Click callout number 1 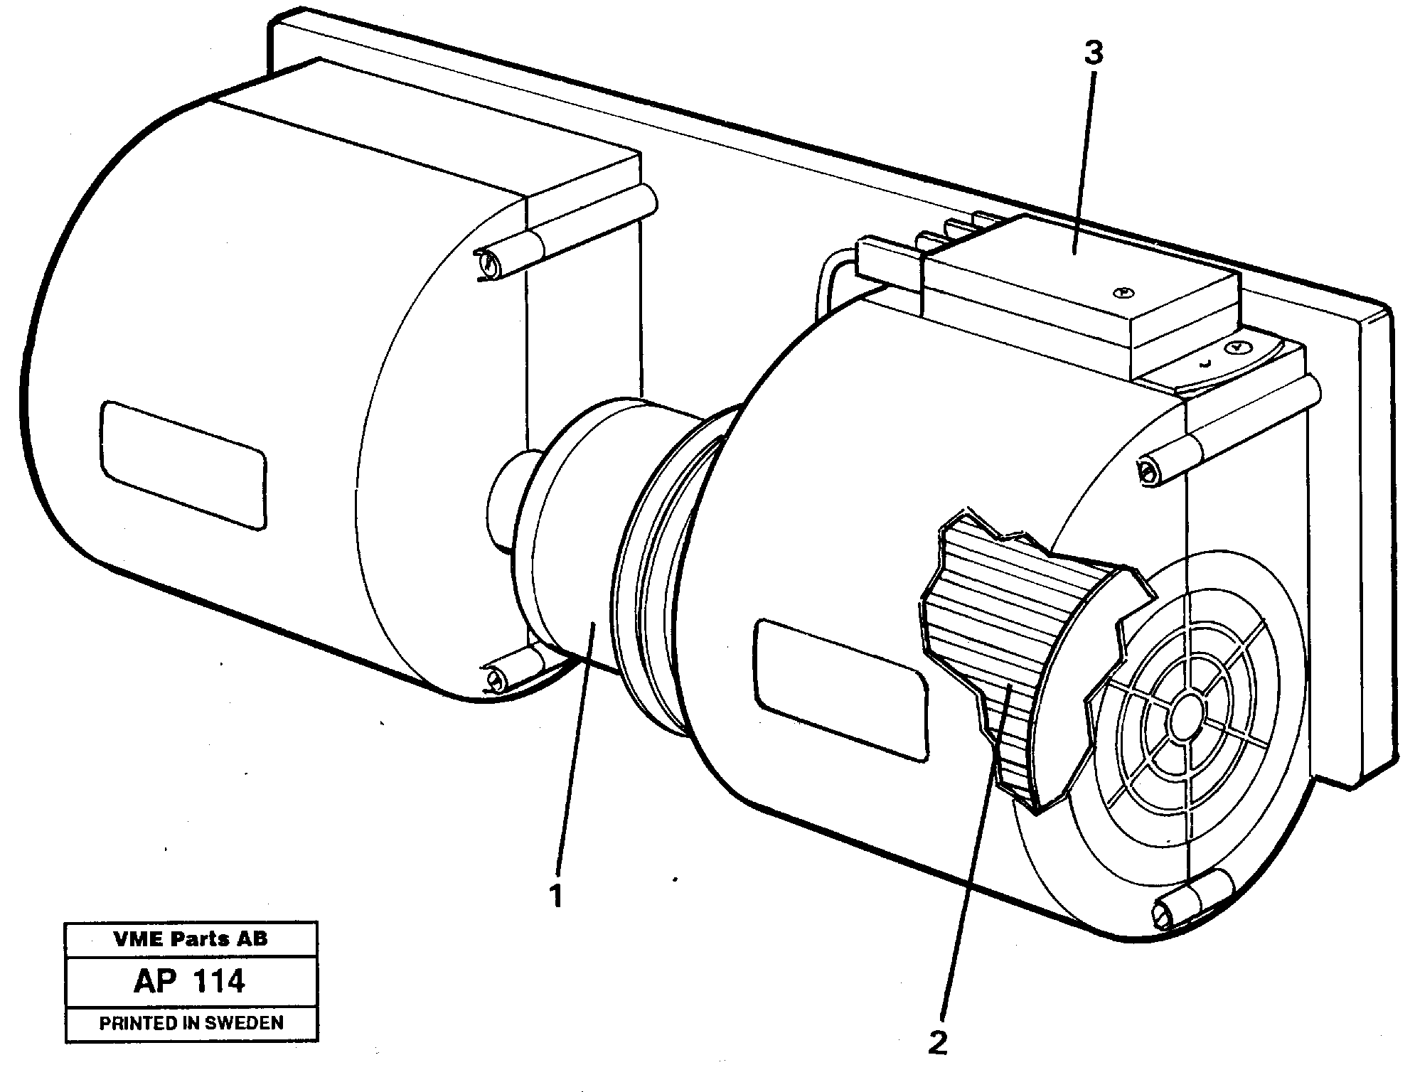556,896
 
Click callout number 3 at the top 1093,53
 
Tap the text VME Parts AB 191,938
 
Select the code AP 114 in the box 189,982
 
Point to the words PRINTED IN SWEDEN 191,1023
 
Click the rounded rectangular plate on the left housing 183,464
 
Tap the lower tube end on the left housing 493,678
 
